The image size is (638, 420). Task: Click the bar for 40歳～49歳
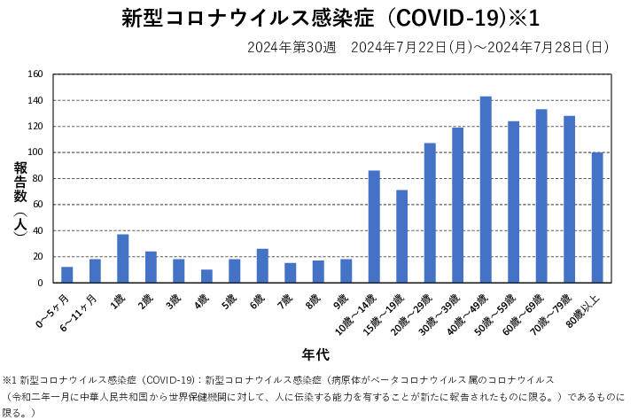coord(486,190)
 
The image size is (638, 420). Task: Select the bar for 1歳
coord(122,259)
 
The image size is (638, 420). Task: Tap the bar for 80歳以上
coord(597,218)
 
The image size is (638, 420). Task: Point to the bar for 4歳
coord(206,276)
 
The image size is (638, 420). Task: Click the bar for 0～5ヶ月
coord(66,275)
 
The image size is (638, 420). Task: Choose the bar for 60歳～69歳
coord(541,196)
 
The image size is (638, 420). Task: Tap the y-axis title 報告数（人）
coord(19,199)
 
